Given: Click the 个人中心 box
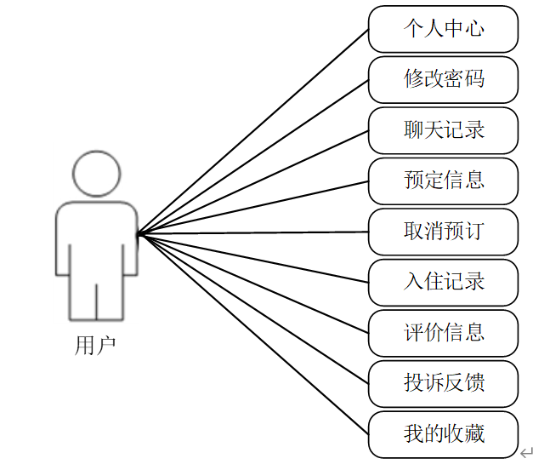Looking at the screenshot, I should [443, 29].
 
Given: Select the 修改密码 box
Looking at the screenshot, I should [443, 79].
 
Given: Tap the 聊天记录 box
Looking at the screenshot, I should [443, 129].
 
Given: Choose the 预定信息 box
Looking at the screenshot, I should [443, 181].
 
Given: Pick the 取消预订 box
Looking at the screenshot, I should [443, 232].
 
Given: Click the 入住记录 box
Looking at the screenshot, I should [443, 282].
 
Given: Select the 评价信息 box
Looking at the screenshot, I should [443, 332].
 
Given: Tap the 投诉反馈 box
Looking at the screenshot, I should [443, 383].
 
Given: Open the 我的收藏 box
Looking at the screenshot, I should [443, 433].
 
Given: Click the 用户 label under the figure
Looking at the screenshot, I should [95, 345].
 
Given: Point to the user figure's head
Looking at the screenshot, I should [95, 174].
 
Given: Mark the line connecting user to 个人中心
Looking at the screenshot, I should [252, 131].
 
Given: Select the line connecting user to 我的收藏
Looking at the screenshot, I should [252, 333].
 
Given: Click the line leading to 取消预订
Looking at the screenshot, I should [252, 232].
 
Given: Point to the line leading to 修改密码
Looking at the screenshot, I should [252, 157].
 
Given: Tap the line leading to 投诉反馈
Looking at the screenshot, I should [252, 308].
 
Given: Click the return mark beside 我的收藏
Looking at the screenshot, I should [527, 452].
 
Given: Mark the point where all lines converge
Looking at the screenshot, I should [139, 233].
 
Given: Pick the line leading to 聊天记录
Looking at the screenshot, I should [252, 181].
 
